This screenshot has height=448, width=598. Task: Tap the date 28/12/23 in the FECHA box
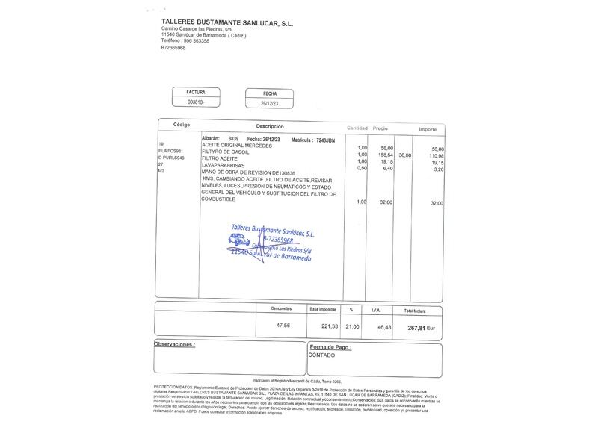point(269,103)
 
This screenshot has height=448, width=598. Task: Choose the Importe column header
point(428,128)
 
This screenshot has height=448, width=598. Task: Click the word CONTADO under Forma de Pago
point(323,356)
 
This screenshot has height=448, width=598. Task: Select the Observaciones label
point(174,345)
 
